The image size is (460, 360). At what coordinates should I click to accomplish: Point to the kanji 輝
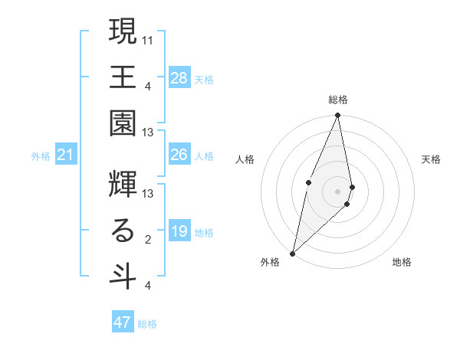(122, 185)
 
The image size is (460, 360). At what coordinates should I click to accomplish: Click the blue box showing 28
(179, 78)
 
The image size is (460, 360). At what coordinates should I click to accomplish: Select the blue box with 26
(179, 155)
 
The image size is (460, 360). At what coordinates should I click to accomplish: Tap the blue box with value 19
(179, 232)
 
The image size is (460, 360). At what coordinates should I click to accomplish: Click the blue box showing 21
(65, 155)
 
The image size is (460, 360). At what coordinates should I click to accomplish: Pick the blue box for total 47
(123, 322)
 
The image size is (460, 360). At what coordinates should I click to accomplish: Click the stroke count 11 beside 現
(148, 38)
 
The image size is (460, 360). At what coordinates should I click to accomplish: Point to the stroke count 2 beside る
(147, 240)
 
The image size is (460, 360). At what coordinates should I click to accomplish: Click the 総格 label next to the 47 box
(147, 324)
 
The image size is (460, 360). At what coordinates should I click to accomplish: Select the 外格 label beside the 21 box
(41, 156)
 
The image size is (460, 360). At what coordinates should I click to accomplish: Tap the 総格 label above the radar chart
(337, 100)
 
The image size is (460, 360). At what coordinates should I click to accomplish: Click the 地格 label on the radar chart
(402, 262)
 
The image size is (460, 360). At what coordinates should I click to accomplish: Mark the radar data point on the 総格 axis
(337, 116)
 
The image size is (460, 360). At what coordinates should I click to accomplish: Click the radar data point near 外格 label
(292, 253)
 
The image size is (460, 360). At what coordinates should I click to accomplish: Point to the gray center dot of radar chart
(337, 191)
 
